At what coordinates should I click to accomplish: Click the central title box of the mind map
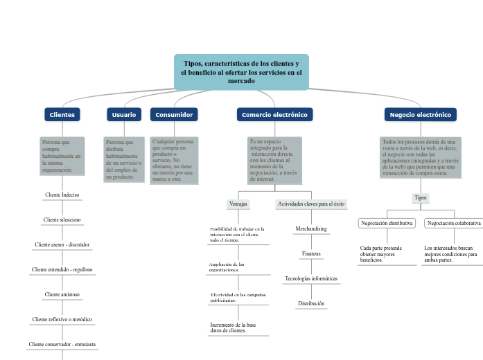click(x=241, y=72)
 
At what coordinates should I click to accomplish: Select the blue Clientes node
click(x=62, y=114)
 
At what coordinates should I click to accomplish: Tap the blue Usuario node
click(x=124, y=114)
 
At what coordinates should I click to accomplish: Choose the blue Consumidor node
click(x=174, y=114)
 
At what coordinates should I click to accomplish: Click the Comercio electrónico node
click(x=274, y=114)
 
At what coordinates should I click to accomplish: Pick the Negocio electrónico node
click(x=420, y=114)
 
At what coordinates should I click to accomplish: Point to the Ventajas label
click(x=238, y=204)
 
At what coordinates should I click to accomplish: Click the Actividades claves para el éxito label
click(x=311, y=204)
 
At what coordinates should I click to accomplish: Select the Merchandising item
click(x=311, y=228)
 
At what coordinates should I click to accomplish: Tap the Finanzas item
click(x=311, y=253)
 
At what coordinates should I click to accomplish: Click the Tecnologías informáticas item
click(x=311, y=278)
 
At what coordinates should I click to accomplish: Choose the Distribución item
click(x=311, y=303)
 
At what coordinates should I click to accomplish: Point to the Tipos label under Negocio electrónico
click(x=421, y=198)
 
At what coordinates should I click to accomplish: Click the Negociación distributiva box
click(x=387, y=223)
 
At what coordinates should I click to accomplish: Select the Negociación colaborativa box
click(x=454, y=223)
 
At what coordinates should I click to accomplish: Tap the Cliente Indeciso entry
click(x=62, y=195)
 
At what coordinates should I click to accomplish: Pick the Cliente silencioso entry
click(x=62, y=219)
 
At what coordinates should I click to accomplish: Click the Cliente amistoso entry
click(x=62, y=294)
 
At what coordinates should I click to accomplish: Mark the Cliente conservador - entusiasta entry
click(x=62, y=344)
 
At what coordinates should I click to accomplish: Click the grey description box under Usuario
click(x=124, y=159)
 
